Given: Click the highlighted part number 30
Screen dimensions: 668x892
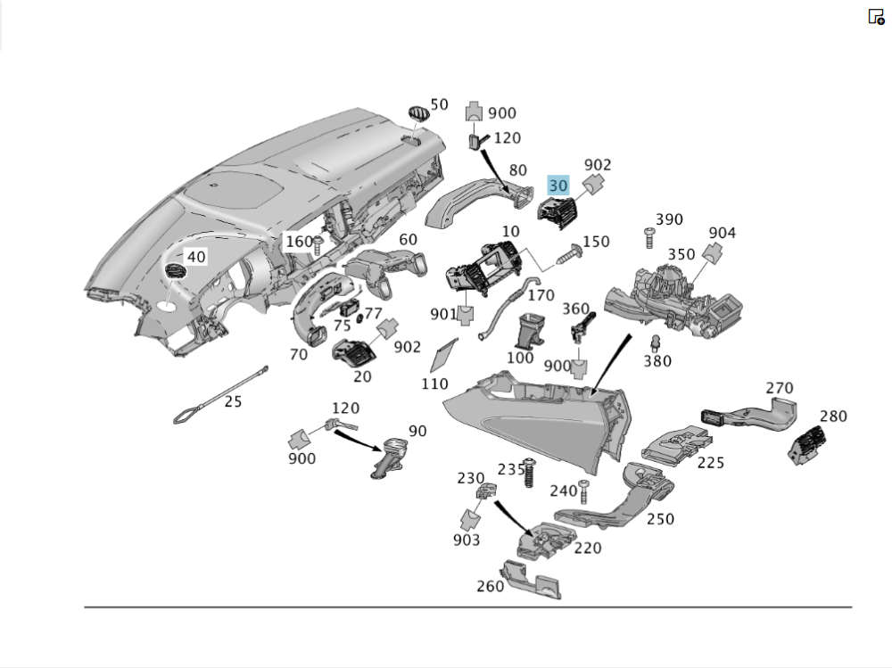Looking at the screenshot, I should click(x=558, y=186).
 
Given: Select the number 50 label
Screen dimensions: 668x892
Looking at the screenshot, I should click(x=439, y=105).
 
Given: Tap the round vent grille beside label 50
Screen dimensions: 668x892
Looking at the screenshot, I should click(x=417, y=113).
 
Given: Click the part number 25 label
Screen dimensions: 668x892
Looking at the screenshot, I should click(x=233, y=401).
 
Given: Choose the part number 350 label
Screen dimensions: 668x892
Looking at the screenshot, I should click(x=681, y=254).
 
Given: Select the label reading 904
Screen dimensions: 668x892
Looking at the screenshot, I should click(x=722, y=233).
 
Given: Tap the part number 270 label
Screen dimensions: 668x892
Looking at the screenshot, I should click(x=779, y=388).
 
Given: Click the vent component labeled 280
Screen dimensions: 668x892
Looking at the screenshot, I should click(x=807, y=445).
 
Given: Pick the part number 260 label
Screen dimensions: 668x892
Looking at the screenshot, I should click(x=490, y=586).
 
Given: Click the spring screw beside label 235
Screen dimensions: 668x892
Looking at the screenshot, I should click(x=529, y=474).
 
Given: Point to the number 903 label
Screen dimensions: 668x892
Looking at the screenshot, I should click(x=466, y=540).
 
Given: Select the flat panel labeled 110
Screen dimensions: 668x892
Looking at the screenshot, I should click(x=443, y=356).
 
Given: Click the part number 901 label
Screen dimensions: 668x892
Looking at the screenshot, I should click(x=443, y=314).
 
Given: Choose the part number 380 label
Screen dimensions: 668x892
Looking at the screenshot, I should click(x=658, y=361).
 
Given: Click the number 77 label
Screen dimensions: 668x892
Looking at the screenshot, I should click(x=372, y=313).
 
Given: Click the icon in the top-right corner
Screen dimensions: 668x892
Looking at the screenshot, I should click(x=876, y=17).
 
